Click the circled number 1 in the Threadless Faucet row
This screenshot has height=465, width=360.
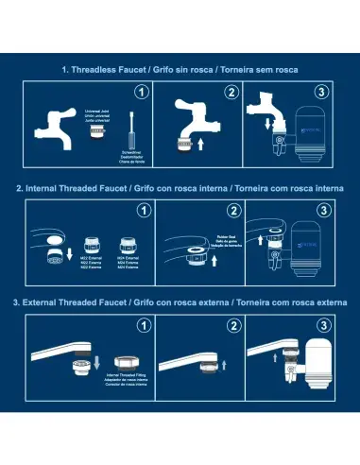pos(141,92)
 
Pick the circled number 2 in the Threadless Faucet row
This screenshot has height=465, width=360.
pos(231,92)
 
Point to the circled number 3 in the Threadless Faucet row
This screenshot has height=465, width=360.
pos(322,92)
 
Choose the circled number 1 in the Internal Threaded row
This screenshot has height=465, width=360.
pos(141,209)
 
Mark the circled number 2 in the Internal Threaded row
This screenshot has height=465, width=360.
pos(231,209)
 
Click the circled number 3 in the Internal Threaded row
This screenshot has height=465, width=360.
pos(322,209)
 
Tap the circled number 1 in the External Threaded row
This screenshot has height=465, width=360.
pos(141,326)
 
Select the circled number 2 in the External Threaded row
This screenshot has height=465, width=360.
pos(231,326)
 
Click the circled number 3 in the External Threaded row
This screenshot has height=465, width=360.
pos(322,326)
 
